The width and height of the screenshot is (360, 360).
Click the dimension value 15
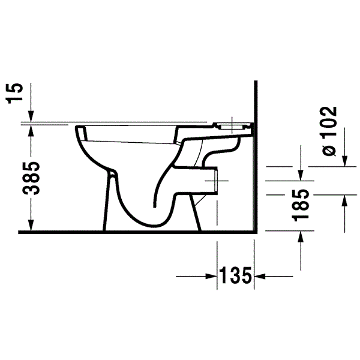click(15, 94)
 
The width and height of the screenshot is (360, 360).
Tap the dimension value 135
click(236, 275)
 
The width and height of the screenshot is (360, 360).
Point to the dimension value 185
click(301, 205)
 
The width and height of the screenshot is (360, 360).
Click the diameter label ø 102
click(329, 131)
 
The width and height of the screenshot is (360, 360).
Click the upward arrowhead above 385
click(31, 131)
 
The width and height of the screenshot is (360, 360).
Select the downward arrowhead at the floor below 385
click(31, 225)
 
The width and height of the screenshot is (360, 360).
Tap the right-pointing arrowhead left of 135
click(211, 276)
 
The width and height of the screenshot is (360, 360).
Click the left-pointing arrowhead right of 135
click(260, 276)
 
